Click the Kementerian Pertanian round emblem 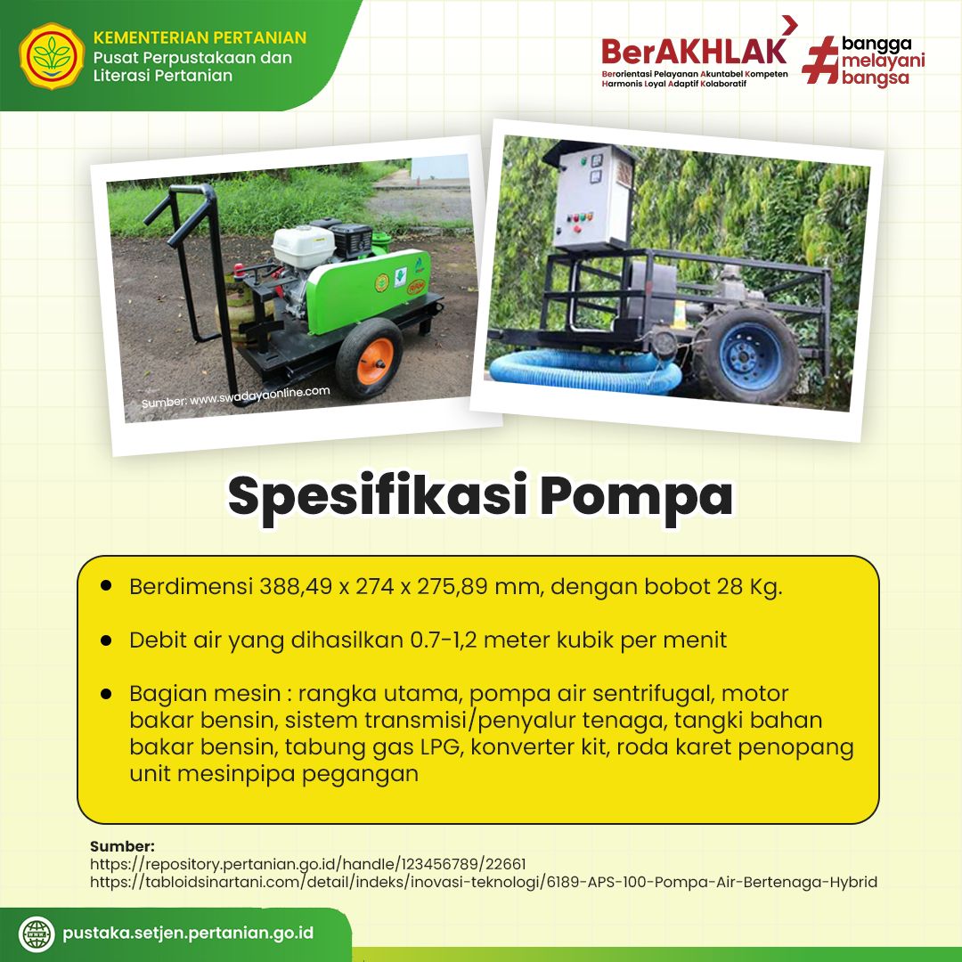point(52,56)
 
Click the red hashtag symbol point(820,60)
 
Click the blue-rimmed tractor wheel point(747,355)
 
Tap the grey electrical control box point(588,196)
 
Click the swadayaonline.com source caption point(235,397)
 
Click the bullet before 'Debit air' point(106,640)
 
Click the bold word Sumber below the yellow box point(122,846)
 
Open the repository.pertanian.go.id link point(308,864)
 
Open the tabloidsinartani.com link point(484,882)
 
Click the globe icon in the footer point(37,933)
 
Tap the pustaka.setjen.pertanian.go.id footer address point(188,933)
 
